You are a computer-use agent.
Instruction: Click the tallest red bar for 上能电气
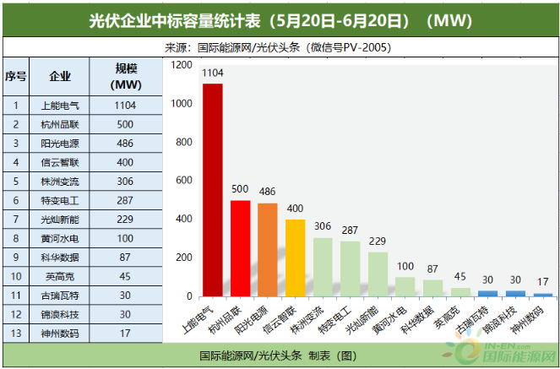point(212,190)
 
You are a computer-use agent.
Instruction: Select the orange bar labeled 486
point(267,250)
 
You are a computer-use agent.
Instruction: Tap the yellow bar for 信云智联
point(295,258)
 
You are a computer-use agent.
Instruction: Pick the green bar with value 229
point(378,274)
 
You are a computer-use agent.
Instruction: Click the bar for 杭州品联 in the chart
point(240,248)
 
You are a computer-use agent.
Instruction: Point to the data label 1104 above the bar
point(212,73)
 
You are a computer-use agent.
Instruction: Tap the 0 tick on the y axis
point(189,296)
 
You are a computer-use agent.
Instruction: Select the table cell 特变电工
point(60,199)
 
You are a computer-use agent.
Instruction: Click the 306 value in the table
point(125,181)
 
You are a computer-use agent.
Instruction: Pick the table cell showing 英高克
point(60,275)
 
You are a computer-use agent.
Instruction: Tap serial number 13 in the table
point(16,332)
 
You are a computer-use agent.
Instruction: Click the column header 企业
point(60,76)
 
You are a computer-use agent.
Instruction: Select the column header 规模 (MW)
point(125,76)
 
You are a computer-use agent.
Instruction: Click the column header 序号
point(16,76)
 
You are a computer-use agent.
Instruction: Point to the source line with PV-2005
point(280,47)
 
